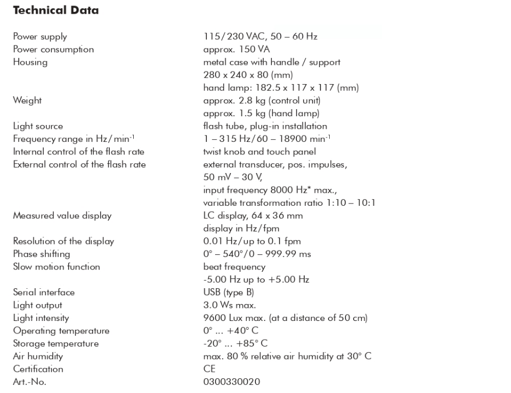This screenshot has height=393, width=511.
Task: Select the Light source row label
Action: point(37,126)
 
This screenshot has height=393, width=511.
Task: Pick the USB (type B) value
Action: point(225,292)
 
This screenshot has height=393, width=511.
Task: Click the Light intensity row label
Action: point(40,318)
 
